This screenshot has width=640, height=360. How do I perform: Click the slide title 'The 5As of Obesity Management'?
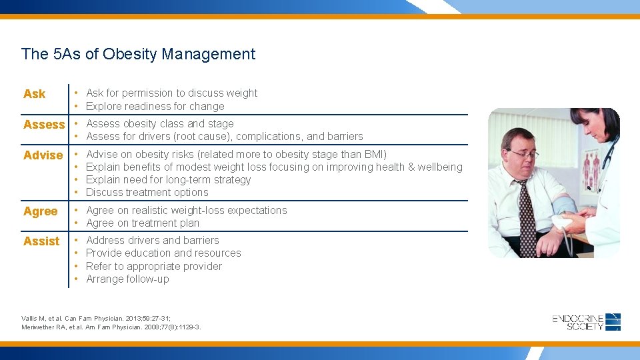pyautogui.click(x=138, y=54)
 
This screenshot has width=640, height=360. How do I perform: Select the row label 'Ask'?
pyautogui.click(x=35, y=94)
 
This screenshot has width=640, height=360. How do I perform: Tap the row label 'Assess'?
pyautogui.click(x=44, y=125)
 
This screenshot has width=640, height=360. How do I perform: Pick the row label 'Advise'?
pyautogui.click(x=43, y=155)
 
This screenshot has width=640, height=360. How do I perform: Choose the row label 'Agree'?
pyautogui.click(x=41, y=211)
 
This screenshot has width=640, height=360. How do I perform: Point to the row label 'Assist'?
pyautogui.click(x=41, y=241)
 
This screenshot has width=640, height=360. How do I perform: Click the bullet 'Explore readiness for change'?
pyautogui.click(x=155, y=107)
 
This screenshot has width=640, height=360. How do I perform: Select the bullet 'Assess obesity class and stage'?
pyautogui.click(x=160, y=124)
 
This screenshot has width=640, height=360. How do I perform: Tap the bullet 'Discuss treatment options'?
pyautogui.click(x=147, y=193)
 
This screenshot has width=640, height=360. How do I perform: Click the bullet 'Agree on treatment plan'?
pyautogui.click(x=143, y=223)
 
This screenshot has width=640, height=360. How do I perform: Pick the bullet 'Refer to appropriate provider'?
pyautogui.click(x=154, y=267)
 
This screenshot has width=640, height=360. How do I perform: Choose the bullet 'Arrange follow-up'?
pyautogui.click(x=127, y=279)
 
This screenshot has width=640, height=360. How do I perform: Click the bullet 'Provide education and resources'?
pyautogui.click(x=163, y=253)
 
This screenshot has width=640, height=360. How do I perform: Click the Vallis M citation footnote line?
pyautogui.click(x=96, y=319)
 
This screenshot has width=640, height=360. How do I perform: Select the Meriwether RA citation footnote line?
pyautogui.click(x=111, y=327)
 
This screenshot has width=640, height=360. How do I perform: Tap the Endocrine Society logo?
pyautogui.click(x=586, y=322)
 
